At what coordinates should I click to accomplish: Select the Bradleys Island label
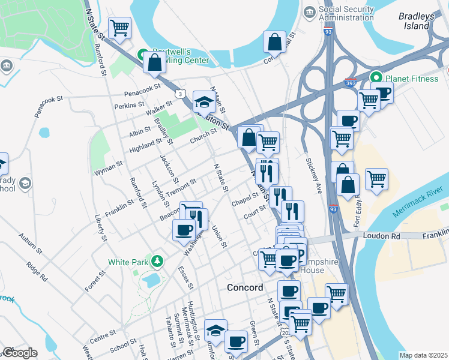415,21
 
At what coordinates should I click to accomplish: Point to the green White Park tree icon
157,261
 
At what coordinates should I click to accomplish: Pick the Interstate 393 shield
350,85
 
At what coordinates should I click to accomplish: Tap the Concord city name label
245,287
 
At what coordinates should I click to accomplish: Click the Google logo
19,353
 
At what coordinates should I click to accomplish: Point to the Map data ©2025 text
423,355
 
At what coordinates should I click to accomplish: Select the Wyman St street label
108,163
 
